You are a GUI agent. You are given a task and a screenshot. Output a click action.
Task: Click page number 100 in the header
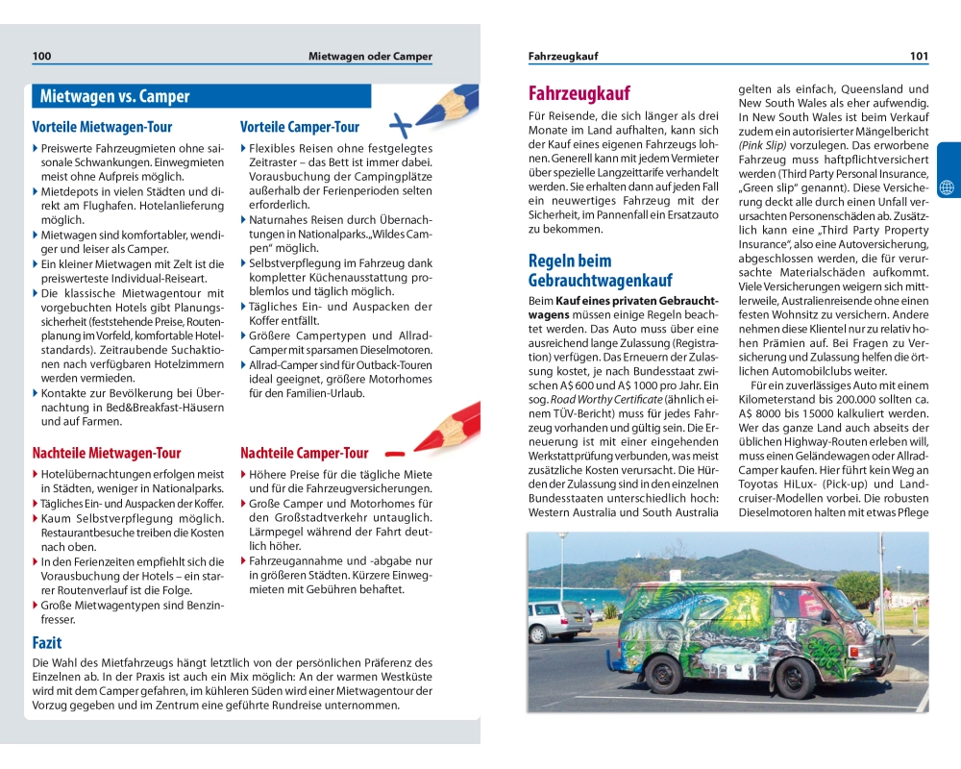point(41,57)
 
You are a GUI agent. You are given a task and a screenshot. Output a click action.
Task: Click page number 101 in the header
point(919,57)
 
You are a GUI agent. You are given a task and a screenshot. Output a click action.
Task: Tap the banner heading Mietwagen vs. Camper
point(114,96)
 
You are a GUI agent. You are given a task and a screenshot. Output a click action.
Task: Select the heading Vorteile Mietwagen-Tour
point(101,127)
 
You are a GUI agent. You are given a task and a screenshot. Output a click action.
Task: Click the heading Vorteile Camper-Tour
point(299,127)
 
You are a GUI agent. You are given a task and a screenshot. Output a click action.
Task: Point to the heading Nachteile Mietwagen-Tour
point(106,453)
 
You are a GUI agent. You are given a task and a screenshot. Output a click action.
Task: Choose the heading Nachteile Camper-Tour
point(304,453)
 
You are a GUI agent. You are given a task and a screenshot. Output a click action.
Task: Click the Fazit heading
point(47,642)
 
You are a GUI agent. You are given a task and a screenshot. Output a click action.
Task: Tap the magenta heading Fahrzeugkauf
point(579,93)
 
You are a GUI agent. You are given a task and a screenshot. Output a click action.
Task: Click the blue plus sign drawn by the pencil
point(400,124)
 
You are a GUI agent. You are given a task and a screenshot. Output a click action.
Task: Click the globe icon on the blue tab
point(948,186)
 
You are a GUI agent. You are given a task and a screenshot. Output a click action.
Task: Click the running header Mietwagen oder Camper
point(370,57)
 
